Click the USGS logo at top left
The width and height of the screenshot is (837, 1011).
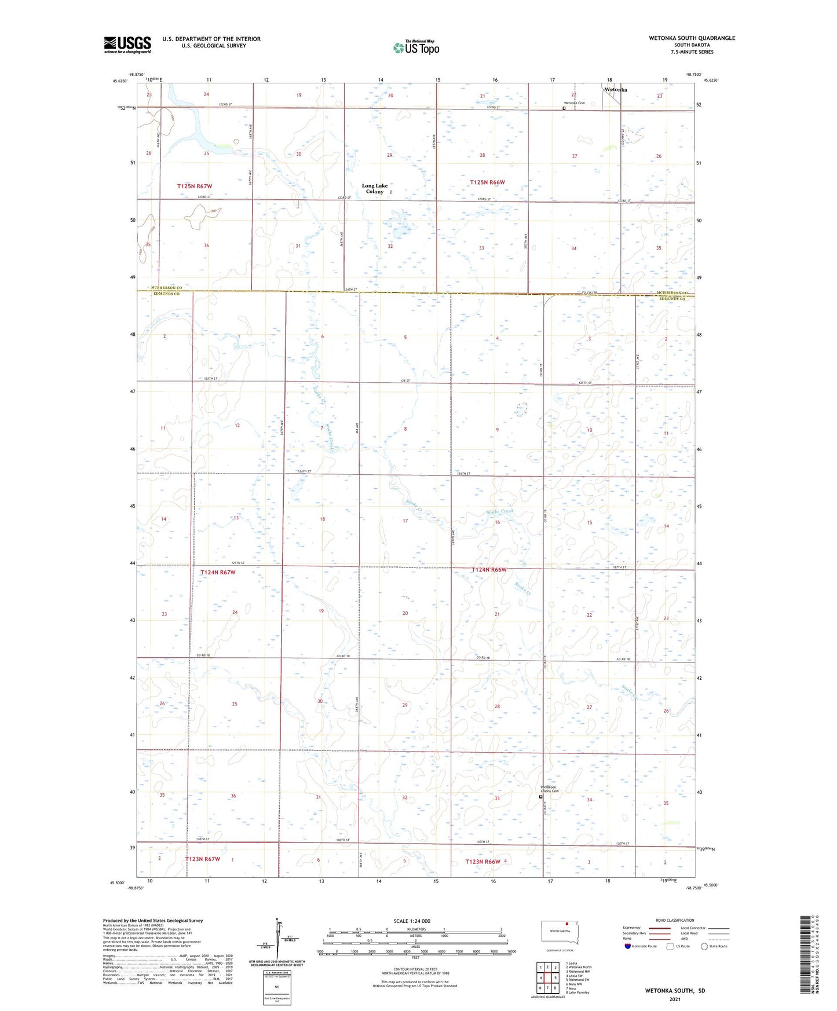[127, 45]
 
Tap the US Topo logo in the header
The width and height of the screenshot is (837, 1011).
[416, 47]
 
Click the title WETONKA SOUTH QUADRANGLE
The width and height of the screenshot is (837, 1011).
[692, 38]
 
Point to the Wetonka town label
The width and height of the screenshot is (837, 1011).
[616, 90]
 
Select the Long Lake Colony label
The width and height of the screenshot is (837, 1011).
[374, 189]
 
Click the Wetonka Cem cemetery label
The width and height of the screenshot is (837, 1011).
[574, 103]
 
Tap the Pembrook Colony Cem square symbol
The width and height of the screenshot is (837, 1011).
[542, 797]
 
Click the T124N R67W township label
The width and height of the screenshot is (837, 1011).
[218, 572]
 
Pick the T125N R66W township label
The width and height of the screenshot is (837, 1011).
[487, 182]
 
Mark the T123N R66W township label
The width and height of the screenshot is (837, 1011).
[483, 862]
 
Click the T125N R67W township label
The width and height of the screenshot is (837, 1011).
[195, 186]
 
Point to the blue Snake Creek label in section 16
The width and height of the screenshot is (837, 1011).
[499, 512]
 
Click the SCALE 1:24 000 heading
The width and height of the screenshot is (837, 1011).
[412, 921]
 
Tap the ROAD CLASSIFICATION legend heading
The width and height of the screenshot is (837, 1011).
[675, 920]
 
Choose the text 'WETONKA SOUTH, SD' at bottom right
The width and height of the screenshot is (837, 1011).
[675, 991]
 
